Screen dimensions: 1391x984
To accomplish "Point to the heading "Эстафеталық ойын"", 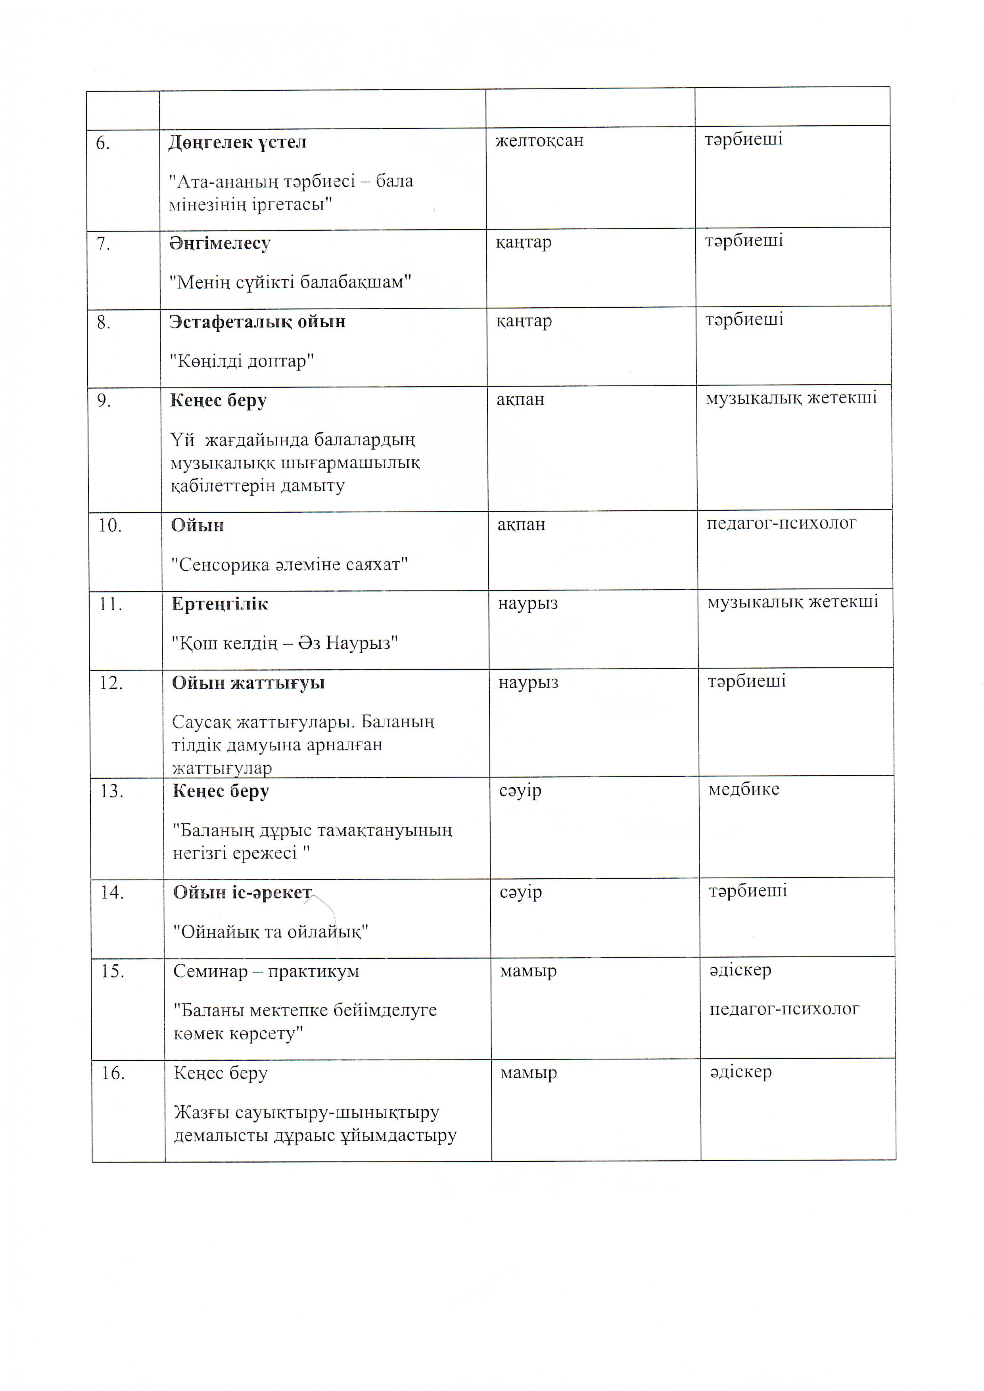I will (257, 322).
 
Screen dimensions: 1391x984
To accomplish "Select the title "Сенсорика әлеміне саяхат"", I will (290, 565).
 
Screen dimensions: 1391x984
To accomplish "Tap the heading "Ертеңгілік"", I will (219, 604).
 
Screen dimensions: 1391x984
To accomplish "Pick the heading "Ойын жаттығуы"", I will (248, 683).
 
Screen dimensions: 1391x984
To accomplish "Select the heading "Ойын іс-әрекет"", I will (242, 893).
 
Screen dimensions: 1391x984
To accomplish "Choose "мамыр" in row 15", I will (528, 971).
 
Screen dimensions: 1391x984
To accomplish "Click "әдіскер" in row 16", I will (740, 1072).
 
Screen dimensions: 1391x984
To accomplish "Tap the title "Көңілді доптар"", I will (241, 361).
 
